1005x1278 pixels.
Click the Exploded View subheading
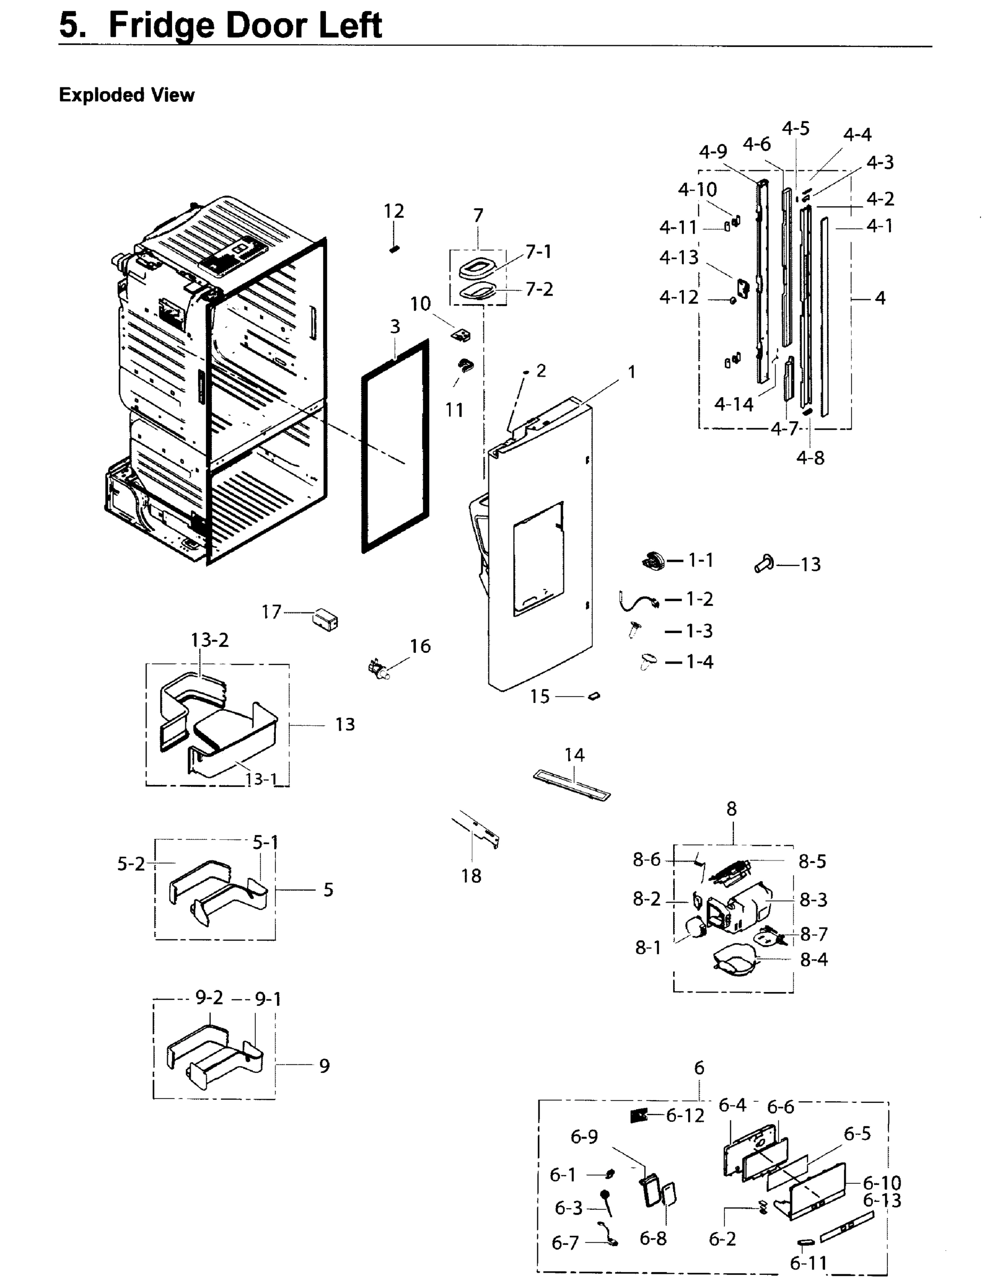tap(127, 95)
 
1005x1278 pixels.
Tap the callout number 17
tap(271, 612)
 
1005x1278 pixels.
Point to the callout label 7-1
tap(538, 252)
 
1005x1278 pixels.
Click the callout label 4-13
tap(679, 257)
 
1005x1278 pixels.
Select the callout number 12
tap(394, 211)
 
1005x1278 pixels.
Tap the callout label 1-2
tap(699, 599)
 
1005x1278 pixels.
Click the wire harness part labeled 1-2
tap(635, 601)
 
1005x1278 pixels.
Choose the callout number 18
tap(471, 876)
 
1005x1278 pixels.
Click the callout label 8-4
tap(814, 960)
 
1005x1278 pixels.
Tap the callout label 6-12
tap(685, 1116)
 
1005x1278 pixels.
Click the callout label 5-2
tap(130, 864)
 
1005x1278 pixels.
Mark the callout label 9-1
tap(268, 999)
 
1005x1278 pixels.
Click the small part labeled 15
tap(594, 696)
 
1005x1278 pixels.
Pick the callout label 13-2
tap(209, 640)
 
